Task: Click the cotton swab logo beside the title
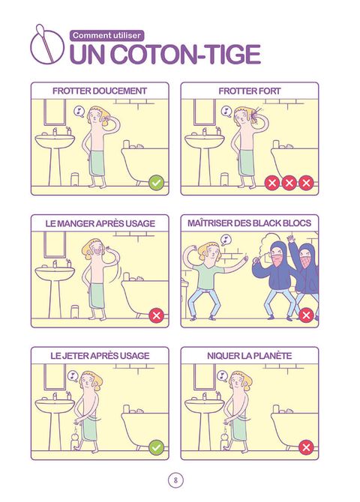coord(47,45)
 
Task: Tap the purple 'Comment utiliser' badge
coord(106,35)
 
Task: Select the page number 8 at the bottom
coord(176,480)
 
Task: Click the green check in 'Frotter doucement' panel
coord(156,183)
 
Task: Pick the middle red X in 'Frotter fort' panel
coord(289,183)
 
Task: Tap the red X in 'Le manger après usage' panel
coord(156,315)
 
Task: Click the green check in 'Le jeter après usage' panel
coord(156,447)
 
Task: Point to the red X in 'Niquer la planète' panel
coord(306,447)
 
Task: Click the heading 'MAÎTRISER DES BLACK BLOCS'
coord(250,223)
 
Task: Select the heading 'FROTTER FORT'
coord(250,91)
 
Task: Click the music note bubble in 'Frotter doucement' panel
coord(79,112)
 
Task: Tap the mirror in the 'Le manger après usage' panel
coord(55,244)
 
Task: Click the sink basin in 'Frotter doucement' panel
coord(55,141)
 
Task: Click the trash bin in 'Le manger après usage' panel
coord(75,312)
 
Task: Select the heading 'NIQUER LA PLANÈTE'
coord(250,356)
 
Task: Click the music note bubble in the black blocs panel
coord(226,240)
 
